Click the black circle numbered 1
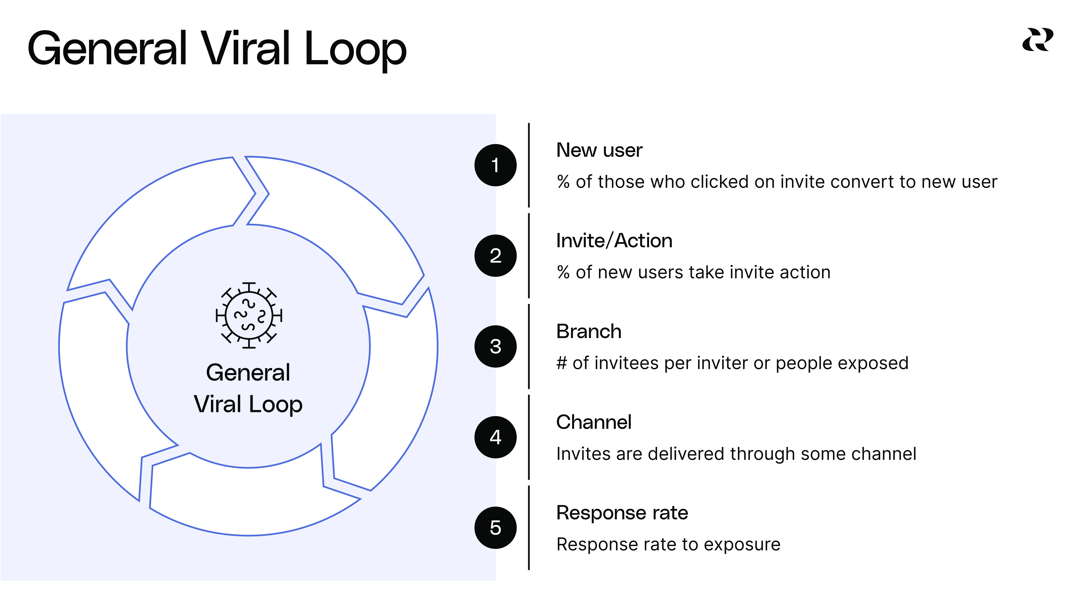click(495, 165)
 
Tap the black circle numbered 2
click(495, 255)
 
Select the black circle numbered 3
click(495, 346)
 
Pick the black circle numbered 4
click(495, 437)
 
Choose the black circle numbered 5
click(495, 528)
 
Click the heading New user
click(599, 151)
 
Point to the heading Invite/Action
click(614, 241)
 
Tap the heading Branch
click(588, 332)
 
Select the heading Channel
click(594, 422)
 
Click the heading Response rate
click(622, 513)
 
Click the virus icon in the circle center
click(249, 315)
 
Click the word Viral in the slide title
click(245, 49)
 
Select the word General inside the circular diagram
click(248, 373)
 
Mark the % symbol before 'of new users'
click(563, 273)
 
